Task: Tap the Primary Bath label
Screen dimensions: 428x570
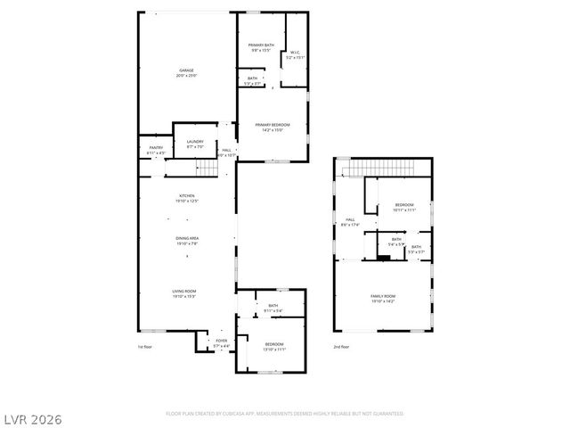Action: [x=261, y=47]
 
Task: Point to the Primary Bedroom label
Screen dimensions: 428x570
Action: [x=273, y=127]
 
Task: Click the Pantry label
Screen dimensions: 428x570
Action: [x=155, y=150]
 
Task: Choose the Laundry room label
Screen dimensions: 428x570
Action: [x=194, y=144]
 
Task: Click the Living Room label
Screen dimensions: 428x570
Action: [x=184, y=293]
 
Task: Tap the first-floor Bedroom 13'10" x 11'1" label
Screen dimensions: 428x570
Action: [x=273, y=346]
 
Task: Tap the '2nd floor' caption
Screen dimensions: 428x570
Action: [x=341, y=346]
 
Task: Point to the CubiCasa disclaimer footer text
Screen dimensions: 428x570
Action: [x=285, y=414]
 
